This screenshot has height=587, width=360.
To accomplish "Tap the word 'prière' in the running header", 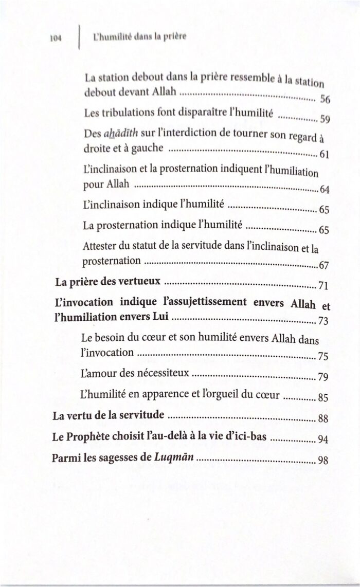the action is [x=175, y=37].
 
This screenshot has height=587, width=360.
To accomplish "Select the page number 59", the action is [x=324, y=120].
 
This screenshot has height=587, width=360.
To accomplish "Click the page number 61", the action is [x=324, y=155].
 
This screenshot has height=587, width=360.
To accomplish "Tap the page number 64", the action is [x=324, y=190].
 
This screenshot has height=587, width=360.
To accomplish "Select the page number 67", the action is [x=324, y=266].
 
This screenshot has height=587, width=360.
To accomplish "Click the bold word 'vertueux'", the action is [x=140, y=282].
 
